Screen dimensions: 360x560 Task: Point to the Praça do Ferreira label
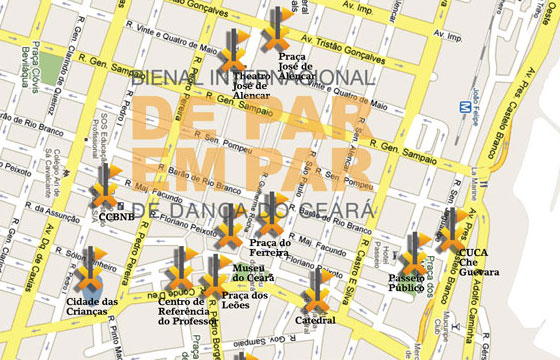(x=271, y=248)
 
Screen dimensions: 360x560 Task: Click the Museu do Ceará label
(x=247, y=274)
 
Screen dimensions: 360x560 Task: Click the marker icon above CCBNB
(x=104, y=188)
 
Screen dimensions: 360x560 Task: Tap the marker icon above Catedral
(x=316, y=289)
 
